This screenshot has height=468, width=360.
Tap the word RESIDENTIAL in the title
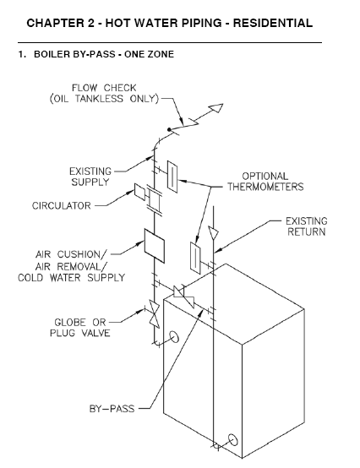273,23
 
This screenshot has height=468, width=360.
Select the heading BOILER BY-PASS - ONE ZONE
104,54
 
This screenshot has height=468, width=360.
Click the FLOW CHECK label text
104,88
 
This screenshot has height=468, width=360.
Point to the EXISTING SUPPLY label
90,177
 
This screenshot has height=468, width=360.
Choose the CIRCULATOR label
61,206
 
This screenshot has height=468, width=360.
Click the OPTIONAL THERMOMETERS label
265,182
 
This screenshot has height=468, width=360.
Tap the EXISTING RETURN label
306,226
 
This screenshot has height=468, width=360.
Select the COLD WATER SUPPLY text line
71,278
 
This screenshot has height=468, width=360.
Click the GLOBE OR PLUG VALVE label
80,328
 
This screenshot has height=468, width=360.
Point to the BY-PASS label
112,409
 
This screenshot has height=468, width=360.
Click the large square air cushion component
155,246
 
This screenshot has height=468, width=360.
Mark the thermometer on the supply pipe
172,177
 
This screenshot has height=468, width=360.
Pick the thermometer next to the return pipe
195,258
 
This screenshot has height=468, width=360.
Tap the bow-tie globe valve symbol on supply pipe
155,314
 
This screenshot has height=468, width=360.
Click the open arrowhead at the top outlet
216,108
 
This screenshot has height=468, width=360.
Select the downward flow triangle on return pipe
214,233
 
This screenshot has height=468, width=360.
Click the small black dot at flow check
169,129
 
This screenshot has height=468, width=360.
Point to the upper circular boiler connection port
174,337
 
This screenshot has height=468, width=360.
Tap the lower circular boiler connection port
233,439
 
